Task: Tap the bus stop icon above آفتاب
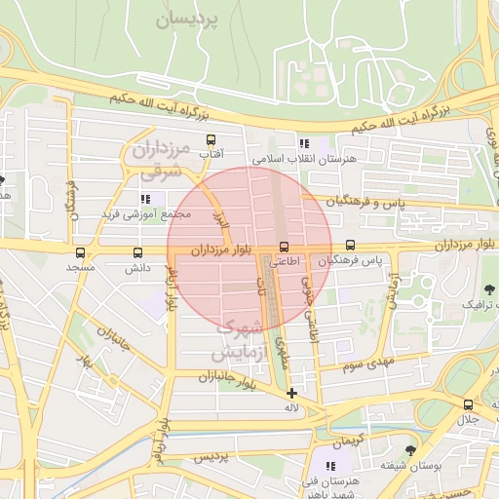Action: pos(210,141)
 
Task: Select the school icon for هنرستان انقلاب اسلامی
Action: pos(304,142)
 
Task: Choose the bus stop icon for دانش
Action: pos(135,251)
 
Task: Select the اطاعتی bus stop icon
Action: pos(285,248)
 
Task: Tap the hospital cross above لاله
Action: pos(291,393)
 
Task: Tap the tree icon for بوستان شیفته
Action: pos(409,450)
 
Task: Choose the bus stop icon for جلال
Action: pos(469,404)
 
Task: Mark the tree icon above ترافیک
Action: pos(489,289)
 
